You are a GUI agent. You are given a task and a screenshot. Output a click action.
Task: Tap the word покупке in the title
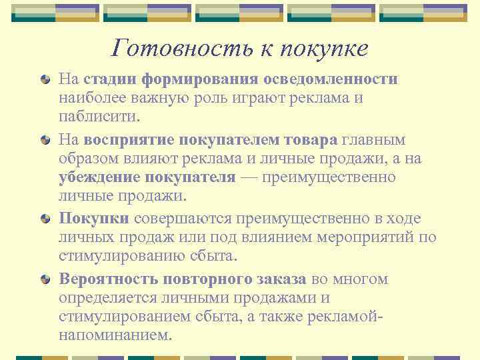[x=325, y=47]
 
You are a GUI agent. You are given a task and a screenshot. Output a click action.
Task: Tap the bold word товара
[x=311, y=140]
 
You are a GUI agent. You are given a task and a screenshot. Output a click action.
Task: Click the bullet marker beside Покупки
[x=45, y=219]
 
